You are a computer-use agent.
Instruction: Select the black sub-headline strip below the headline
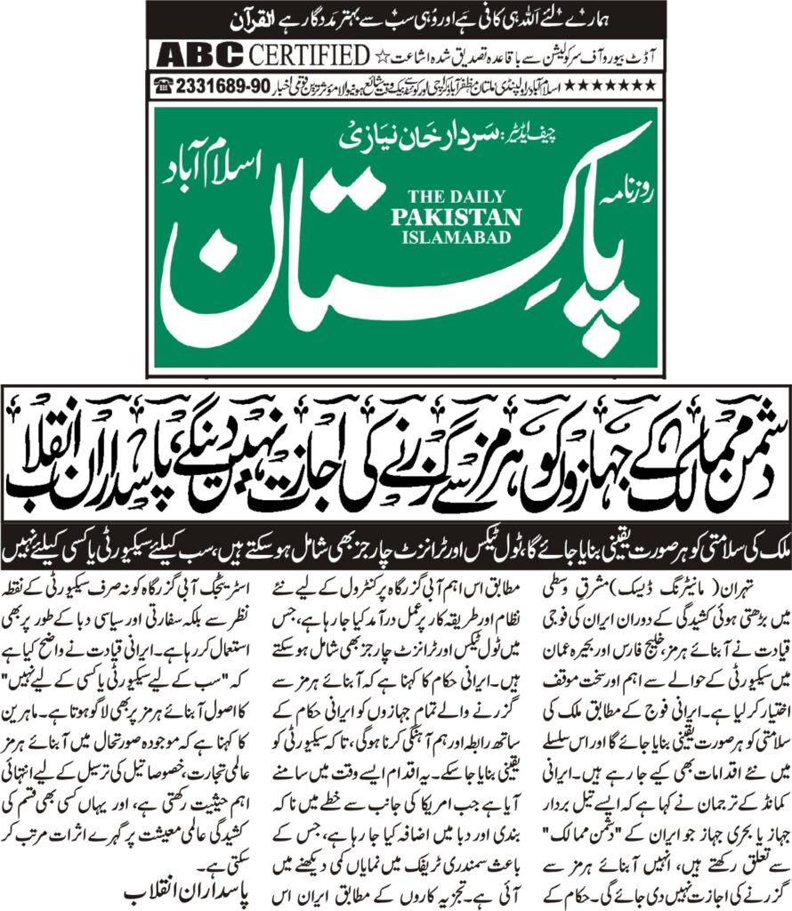[x=396, y=539]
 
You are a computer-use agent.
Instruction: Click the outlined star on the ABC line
[x=382, y=57]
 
